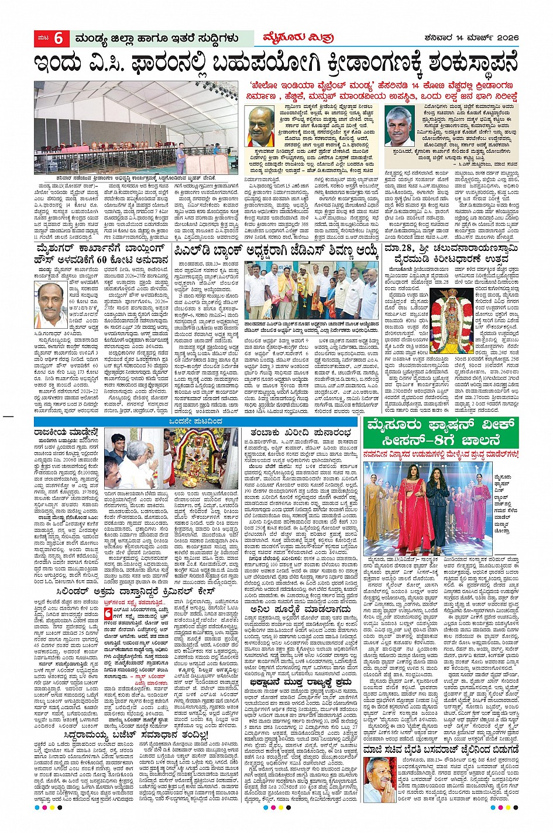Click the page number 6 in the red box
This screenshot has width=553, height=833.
(x=58, y=39)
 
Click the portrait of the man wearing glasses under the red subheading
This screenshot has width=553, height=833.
(x=262, y=125)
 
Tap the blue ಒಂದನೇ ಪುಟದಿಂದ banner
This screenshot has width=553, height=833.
(x=195, y=422)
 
